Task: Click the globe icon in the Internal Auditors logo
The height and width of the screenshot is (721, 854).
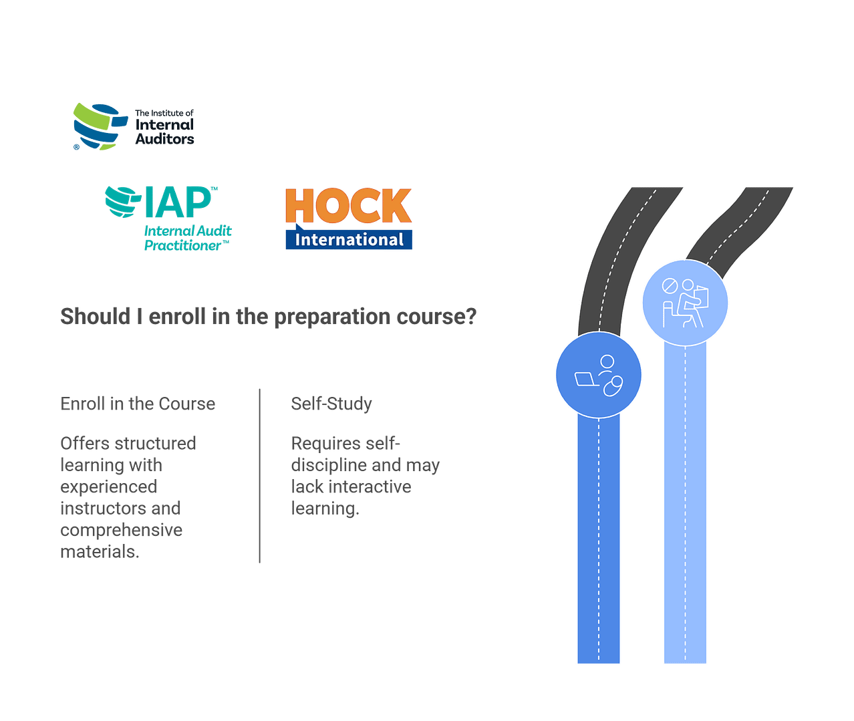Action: coord(99,126)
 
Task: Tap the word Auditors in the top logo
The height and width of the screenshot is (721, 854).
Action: coord(164,139)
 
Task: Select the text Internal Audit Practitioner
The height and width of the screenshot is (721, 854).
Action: coord(187,238)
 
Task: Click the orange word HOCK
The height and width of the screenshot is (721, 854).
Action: coord(348,206)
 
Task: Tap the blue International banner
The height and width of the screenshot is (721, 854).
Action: coord(349,240)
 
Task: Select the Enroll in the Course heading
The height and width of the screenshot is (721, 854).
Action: coord(138,404)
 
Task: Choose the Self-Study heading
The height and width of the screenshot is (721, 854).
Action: coord(331,404)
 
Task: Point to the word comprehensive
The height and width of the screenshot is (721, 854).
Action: coord(122,531)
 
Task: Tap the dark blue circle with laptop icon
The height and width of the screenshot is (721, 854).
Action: coord(599,374)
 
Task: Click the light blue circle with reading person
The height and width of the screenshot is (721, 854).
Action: coord(685,303)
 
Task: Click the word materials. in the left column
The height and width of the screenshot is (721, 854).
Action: coord(100,552)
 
